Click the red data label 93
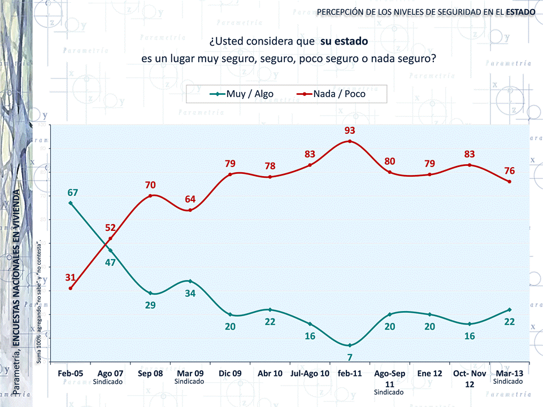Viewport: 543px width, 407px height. [x=350, y=131]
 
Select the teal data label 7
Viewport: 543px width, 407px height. [x=350, y=357]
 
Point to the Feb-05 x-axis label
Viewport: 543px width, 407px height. [x=71, y=374]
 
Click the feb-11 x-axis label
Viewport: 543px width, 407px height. [x=350, y=374]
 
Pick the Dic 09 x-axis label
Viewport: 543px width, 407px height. [x=230, y=374]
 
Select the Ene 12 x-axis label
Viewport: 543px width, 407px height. [x=429, y=374]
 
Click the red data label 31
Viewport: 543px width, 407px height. [x=70, y=277]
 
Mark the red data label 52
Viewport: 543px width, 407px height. [x=110, y=228]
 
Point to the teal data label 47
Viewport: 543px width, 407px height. [x=110, y=262]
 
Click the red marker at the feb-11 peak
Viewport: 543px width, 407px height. [x=350, y=141]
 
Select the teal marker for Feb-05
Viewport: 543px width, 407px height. [x=71, y=203]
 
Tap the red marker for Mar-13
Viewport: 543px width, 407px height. [x=510, y=182]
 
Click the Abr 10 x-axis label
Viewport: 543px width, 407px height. [x=270, y=374]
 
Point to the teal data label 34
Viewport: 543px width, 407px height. [x=190, y=293]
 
